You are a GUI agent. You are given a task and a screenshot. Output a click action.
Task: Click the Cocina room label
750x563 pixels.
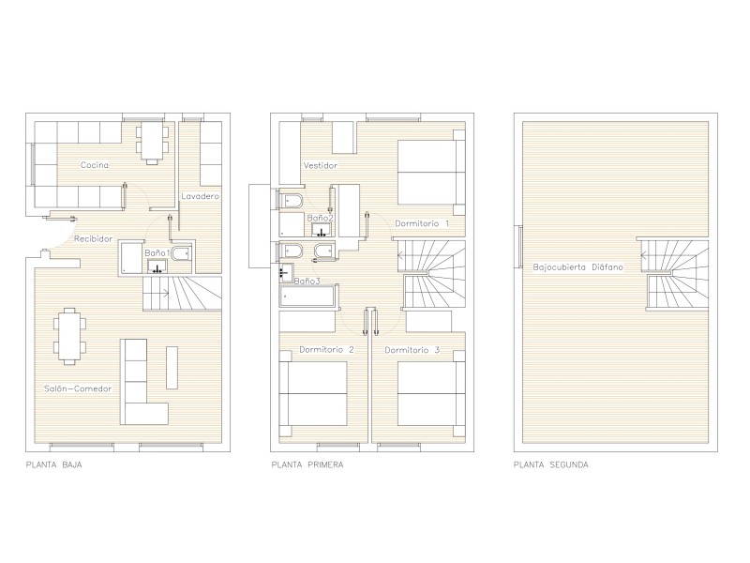[95, 165]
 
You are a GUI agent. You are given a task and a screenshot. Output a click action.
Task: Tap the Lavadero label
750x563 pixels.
[200, 196]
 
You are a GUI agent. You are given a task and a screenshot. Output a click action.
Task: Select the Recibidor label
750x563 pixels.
[93, 239]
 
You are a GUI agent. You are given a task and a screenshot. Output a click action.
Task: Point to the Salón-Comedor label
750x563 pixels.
[78, 388]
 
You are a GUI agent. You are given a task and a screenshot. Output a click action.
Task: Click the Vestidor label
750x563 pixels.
[320, 166]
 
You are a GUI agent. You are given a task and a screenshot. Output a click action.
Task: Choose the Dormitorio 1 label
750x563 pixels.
[422, 223]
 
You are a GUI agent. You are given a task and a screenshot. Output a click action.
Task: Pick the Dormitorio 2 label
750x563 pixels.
[326, 350]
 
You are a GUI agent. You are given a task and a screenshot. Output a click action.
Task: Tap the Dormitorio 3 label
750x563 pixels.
[412, 350]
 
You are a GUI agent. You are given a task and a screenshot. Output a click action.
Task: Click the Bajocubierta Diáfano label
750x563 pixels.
[577, 267]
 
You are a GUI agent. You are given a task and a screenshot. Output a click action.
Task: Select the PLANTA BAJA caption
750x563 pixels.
[53, 464]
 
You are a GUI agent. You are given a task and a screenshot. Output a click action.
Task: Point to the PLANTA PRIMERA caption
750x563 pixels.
[307, 464]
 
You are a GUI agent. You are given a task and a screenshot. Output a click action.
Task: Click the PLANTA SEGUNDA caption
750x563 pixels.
[550, 464]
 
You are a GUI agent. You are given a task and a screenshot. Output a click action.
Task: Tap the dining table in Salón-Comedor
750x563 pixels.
[69, 336]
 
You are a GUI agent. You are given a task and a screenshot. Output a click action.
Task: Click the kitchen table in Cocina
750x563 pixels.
[152, 143]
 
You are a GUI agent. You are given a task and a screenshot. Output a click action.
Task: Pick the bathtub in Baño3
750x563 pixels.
[307, 296]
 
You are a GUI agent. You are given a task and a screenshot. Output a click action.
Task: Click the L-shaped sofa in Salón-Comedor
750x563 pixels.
[143, 382]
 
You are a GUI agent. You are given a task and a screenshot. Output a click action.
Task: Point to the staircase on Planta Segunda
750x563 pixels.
[674, 274]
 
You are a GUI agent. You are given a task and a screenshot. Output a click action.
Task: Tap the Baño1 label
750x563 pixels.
[157, 253]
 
